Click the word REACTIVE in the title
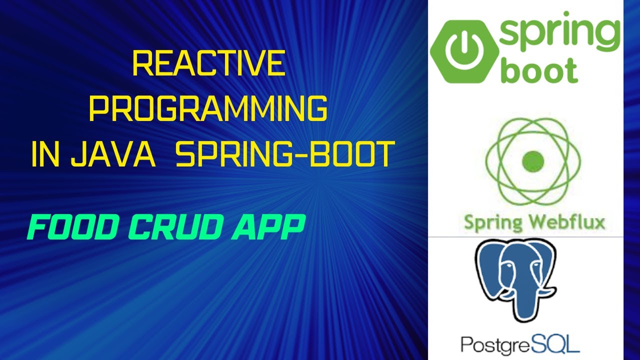[208, 64]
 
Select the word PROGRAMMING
[208, 109]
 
